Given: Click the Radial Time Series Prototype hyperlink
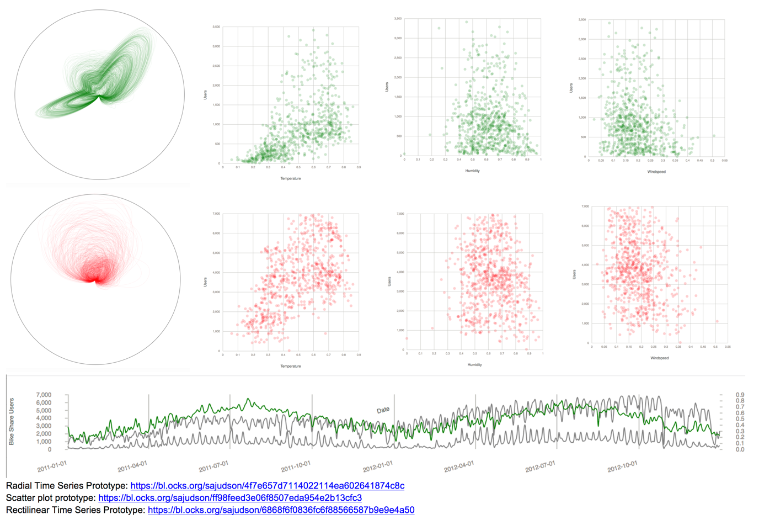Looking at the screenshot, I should click(267, 486).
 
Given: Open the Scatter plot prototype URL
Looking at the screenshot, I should click(229, 498).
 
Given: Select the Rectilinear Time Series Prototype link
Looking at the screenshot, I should click(281, 510).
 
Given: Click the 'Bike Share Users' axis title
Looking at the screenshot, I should click(12, 421).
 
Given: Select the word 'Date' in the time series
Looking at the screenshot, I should click(383, 410).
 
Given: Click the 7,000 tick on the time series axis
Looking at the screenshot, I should click(44, 395).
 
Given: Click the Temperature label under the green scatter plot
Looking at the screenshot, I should click(291, 178).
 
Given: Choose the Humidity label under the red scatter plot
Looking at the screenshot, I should click(474, 365).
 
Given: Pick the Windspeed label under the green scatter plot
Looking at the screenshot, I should click(656, 172).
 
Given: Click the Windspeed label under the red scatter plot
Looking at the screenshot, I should click(659, 358).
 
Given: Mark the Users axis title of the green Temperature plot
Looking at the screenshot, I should click(206, 95).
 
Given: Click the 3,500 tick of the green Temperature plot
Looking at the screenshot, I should click(216, 27).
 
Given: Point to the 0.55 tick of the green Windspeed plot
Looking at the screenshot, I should click(724, 161).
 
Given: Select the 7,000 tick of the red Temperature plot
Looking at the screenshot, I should click(216, 214).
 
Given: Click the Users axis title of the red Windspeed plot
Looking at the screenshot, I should click(574, 274).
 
